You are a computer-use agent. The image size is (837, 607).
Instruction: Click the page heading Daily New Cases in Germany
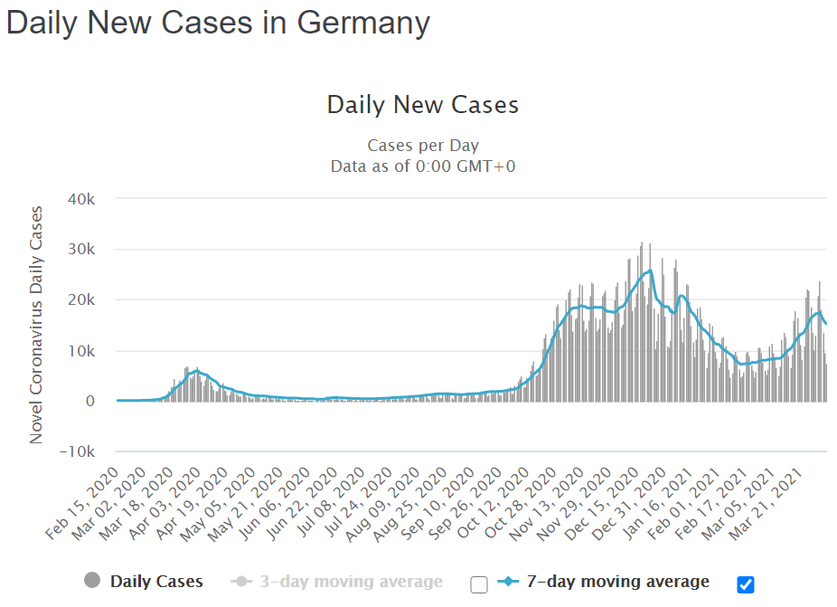218,24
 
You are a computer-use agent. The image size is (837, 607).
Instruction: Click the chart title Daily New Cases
423,105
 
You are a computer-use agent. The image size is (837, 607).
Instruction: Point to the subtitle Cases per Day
423,146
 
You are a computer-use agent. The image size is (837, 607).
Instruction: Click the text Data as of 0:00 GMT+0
423,166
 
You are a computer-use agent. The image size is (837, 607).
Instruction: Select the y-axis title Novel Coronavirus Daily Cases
36,325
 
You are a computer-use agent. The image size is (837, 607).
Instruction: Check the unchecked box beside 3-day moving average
479,584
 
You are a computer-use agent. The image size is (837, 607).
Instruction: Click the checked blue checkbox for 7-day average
746,584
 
